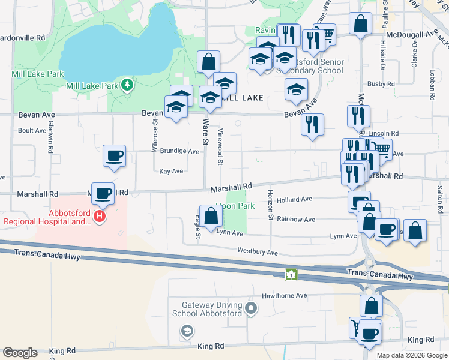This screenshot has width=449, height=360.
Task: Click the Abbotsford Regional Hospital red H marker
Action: (x=100, y=215)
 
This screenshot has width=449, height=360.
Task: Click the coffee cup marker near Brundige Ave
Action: (x=114, y=157)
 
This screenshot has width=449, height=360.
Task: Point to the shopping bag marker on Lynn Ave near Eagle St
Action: (x=210, y=217)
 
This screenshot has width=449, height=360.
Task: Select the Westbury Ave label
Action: (x=258, y=251)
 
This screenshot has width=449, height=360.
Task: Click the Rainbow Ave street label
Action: (x=296, y=220)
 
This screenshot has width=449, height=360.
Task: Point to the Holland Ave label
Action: (x=294, y=199)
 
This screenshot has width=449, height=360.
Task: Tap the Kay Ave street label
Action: (x=171, y=171)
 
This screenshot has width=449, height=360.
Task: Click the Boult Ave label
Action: (x=32, y=130)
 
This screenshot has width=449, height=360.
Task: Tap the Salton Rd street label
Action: (x=440, y=199)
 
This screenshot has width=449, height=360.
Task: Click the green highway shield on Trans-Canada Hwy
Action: (x=291, y=274)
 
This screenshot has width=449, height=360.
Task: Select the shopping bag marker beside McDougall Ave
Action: (x=360, y=25)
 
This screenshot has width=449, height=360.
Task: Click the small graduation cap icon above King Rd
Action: (x=187, y=331)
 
